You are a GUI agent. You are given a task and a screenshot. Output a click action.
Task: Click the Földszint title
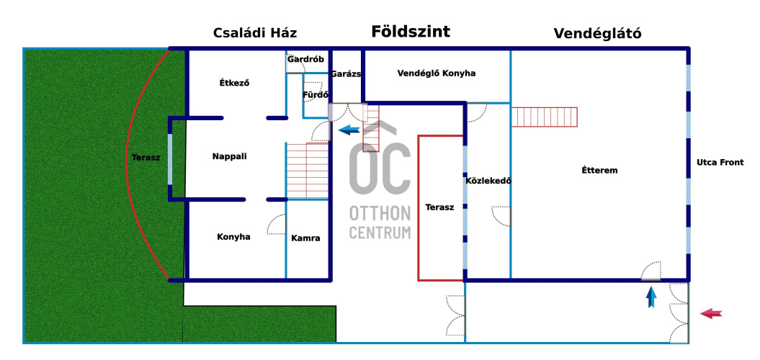coord(411,32)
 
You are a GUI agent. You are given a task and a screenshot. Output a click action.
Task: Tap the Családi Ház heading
coord(255,33)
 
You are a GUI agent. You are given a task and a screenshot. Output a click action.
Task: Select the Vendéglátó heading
coord(598,33)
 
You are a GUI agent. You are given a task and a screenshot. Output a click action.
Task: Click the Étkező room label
coord(234,82)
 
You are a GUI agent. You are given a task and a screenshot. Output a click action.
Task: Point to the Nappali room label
coord(229,156)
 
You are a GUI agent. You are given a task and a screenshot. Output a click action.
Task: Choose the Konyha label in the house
coord(233,237)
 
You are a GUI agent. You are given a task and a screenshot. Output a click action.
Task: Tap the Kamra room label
coord(305,238)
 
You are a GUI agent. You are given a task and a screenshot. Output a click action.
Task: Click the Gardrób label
coord(305,60)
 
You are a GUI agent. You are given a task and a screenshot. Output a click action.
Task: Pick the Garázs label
coord(346,74)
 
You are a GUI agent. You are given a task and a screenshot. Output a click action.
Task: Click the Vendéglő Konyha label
coord(437,73)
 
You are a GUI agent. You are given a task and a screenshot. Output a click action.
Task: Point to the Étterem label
coord(599,170)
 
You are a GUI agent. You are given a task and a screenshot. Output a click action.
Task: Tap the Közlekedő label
coord(488,181)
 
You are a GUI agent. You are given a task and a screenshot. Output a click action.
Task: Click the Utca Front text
coord(720,162)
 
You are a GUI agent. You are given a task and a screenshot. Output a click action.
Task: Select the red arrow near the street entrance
coord(711,313)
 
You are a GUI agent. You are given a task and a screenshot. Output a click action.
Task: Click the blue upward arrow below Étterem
coord(651,297)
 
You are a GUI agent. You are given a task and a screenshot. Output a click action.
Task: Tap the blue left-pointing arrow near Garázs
coord(349,130)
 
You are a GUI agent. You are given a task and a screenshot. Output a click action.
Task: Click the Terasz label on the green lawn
coord(146,158)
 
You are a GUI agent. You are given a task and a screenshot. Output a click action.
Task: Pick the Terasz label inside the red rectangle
coord(439,207)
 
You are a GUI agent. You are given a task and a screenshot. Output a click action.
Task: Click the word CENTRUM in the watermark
coord(380,232)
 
